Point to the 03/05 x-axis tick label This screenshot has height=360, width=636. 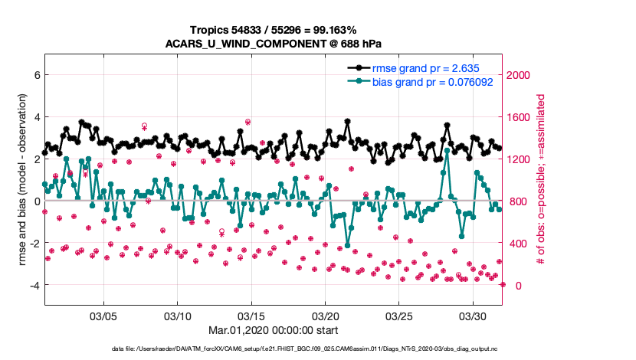pyautogui.click(x=103, y=316)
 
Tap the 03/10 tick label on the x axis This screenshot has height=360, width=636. pyautogui.click(x=178, y=316)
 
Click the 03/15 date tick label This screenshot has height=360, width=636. pyautogui.click(x=251, y=316)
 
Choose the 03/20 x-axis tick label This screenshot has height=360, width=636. pyautogui.click(x=326, y=316)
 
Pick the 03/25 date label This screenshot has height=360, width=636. pyautogui.click(x=399, y=316)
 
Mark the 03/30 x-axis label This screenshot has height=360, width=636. pyautogui.click(x=474, y=316)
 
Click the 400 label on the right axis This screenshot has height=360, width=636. pyautogui.click(x=520, y=244)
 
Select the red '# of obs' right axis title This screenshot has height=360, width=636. pyautogui.click(x=541, y=180)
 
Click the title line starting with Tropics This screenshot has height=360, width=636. pyautogui.click(x=274, y=29)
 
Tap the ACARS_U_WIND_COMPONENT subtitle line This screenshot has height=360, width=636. pyautogui.click(x=274, y=43)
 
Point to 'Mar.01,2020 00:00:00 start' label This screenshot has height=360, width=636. pyautogui.click(x=274, y=331)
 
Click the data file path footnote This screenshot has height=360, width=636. pyautogui.click(x=274, y=349)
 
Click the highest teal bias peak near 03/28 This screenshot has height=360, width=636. pyautogui.click(x=447, y=150)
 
